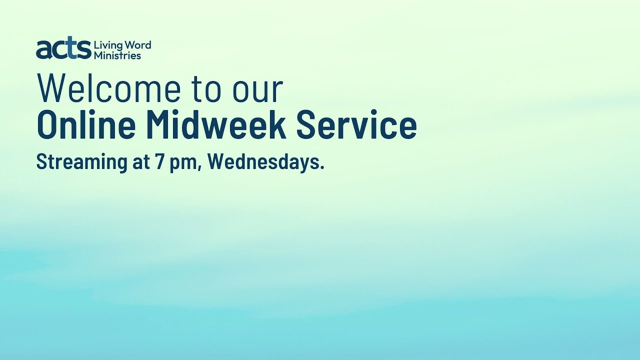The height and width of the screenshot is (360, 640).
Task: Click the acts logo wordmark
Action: (63, 49)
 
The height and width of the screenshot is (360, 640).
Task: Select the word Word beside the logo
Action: (137, 45)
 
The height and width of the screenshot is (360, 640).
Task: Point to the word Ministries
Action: (117, 55)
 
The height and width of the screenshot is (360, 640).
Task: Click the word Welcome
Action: (108, 89)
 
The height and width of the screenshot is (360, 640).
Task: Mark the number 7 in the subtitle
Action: (159, 162)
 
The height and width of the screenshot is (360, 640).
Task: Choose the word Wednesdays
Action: (262, 162)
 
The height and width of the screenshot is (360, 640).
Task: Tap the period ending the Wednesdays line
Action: (321, 168)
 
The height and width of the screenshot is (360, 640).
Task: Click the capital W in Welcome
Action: (52, 89)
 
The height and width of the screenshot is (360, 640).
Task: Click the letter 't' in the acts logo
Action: (73, 49)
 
